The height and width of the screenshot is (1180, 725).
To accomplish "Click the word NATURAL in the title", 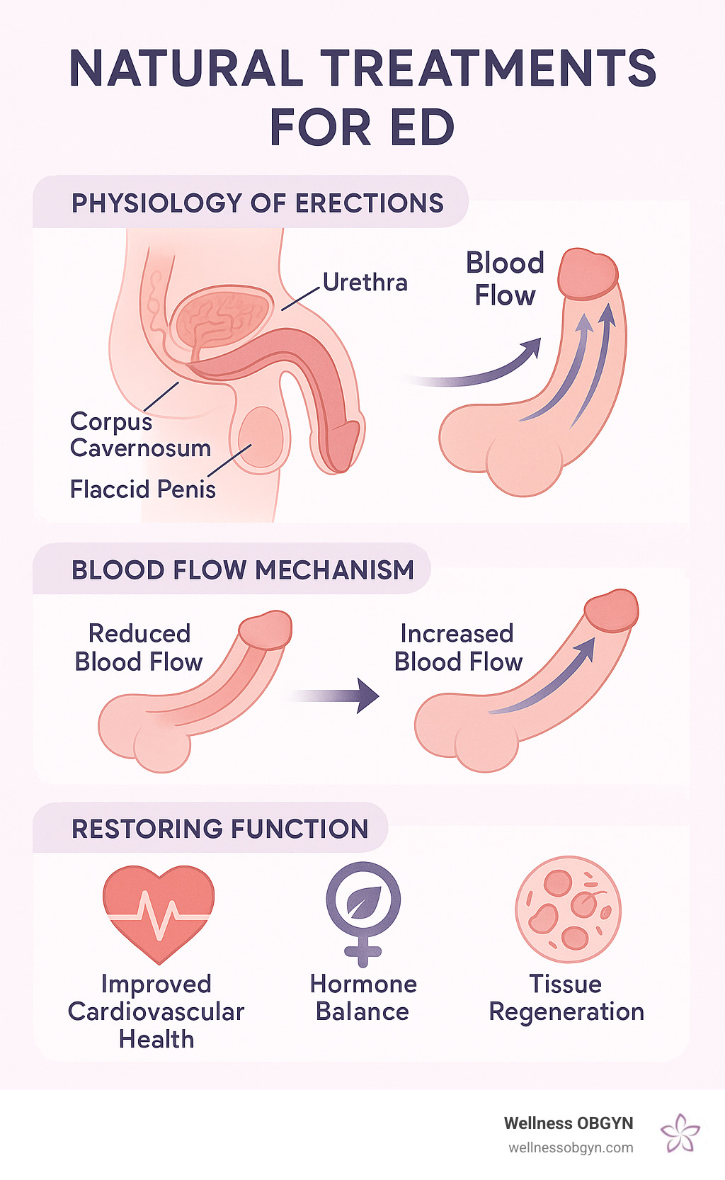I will coord(186,69).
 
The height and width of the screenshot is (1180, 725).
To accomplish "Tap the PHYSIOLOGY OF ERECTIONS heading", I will coord(257,203).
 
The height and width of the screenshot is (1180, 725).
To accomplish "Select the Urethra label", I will coord(365,283).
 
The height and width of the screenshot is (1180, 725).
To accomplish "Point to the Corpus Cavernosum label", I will coord(140,435).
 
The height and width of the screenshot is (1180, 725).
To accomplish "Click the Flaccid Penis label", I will coord(142,489).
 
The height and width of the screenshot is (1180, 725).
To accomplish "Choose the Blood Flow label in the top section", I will coord(505,279).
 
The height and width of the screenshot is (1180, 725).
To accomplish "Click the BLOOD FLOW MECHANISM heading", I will coord(242,570).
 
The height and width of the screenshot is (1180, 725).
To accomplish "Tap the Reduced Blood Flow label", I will coord(139,647).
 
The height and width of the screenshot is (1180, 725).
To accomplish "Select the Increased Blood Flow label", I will coord(458,647).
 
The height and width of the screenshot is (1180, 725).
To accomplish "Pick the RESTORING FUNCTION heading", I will coord(219,829).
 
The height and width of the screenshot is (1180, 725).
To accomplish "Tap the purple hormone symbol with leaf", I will coord(363,912).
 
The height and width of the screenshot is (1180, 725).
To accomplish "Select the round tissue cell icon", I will coord(568,909).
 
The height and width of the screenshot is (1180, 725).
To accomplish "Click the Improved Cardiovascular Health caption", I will coord(156,1011).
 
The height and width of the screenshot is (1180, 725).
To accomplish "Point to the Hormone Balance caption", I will coord(363,998).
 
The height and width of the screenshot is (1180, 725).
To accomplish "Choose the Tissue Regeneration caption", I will coord(566,998).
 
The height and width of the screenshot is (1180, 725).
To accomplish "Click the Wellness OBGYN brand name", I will coord(568,1123).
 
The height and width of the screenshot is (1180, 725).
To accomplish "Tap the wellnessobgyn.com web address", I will coord(571,1148).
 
